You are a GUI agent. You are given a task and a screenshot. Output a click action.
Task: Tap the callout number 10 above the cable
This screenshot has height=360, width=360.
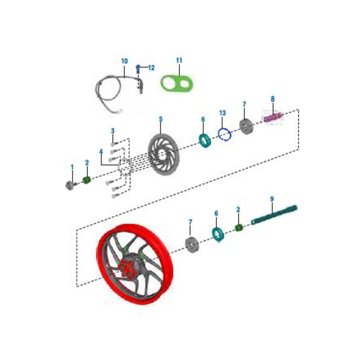tap(125, 61)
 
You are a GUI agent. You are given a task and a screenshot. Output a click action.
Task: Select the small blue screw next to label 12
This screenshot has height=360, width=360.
tap(138, 69)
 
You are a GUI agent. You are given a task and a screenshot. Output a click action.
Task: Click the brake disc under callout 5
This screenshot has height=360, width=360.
tap(163, 154)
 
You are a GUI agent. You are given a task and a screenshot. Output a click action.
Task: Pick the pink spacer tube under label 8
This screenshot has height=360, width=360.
tap(273, 118)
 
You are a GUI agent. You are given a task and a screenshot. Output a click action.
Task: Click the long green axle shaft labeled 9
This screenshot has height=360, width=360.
tap(274, 215)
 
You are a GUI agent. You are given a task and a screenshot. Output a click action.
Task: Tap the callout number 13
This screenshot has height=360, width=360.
tap(222, 113)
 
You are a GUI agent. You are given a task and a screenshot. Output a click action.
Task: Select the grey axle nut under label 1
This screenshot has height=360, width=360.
tap(70, 185)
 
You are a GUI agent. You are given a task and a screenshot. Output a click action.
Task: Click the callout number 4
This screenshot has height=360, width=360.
tap(101, 152)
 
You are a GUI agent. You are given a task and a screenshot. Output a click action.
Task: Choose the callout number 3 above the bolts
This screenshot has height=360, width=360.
tap(112, 131)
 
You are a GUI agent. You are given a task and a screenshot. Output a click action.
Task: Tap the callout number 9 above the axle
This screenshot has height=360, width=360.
tap(272, 199)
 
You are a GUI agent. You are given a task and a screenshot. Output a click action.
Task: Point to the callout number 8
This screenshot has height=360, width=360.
tap(273, 99)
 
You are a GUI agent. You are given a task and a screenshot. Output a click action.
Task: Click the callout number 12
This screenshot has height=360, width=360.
tap(151, 68)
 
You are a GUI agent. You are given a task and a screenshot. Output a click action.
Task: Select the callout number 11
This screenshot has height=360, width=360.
tap(179, 60)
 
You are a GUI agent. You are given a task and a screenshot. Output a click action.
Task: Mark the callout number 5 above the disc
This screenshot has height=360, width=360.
tap(161, 119)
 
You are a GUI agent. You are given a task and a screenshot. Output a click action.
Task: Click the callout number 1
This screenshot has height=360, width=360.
tap(72, 167)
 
